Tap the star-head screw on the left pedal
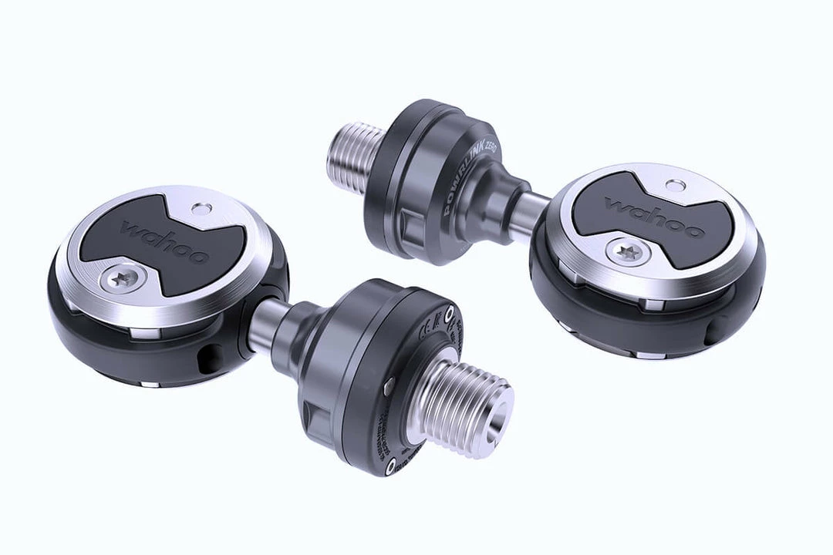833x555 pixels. point(123,279)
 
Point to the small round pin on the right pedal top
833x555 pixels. point(676,185)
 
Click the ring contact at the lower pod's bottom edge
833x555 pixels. point(391,464)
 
